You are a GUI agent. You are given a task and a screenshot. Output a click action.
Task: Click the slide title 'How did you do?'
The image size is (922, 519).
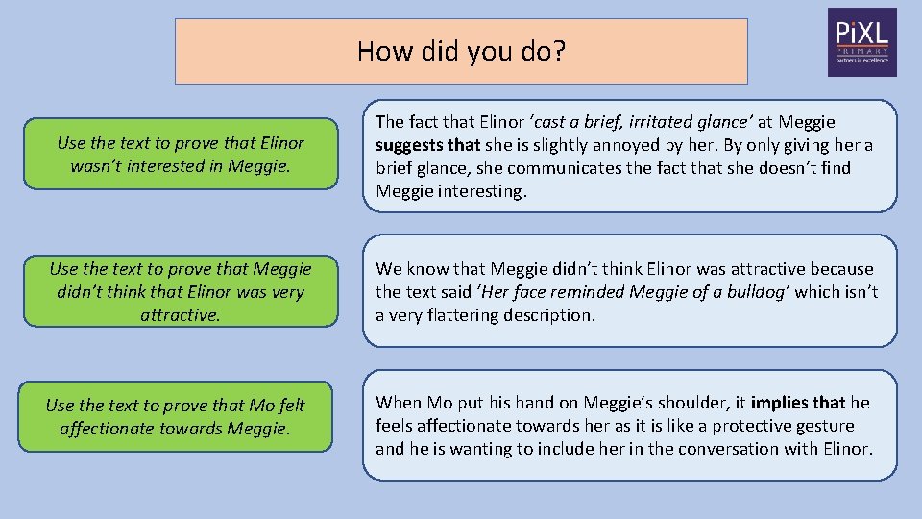(461, 50)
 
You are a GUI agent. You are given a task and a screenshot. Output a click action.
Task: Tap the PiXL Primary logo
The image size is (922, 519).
(861, 42)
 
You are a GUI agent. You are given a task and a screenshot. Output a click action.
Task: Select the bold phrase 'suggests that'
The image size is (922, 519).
(427, 145)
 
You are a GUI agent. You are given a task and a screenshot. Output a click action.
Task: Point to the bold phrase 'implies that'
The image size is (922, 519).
(799, 403)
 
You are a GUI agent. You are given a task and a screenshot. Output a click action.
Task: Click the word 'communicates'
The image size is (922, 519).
(562, 168)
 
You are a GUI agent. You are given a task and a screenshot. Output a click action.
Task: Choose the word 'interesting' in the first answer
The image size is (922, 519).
(478, 191)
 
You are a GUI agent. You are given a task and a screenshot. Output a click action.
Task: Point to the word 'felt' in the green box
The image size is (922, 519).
(287, 406)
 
